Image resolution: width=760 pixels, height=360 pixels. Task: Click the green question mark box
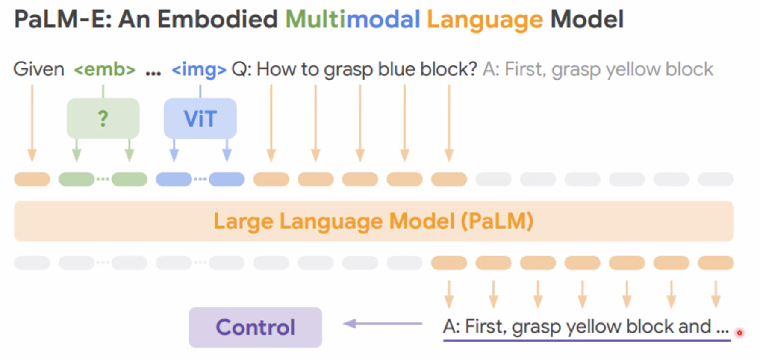[x=103, y=118]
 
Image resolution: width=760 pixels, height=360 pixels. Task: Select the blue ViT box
[x=200, y=118]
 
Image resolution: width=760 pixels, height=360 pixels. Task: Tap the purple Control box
[x=255, y=327]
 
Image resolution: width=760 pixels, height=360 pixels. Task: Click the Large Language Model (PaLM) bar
[x=374, y=221]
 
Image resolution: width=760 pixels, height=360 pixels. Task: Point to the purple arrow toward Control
[x=383, y=324]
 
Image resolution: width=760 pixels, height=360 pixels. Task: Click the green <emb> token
[x=105, y=69]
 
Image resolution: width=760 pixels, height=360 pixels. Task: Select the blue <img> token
[x=199, y=69]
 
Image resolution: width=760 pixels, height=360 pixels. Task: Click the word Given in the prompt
[x=39, y=69]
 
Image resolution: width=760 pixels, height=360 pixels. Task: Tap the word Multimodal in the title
[x=353, y=19]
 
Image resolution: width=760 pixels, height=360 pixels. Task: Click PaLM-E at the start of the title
[x=63, y=19]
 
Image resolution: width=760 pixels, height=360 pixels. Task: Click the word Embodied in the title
[x=218, y=19]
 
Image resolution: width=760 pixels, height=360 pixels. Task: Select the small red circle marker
[x=739, y=333]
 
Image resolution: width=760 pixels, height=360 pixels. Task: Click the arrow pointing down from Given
[x=32, y=123]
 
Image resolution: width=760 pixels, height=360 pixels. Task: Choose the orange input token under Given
[x=32, y=179]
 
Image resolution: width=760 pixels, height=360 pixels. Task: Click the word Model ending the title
[x=587, y=19]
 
